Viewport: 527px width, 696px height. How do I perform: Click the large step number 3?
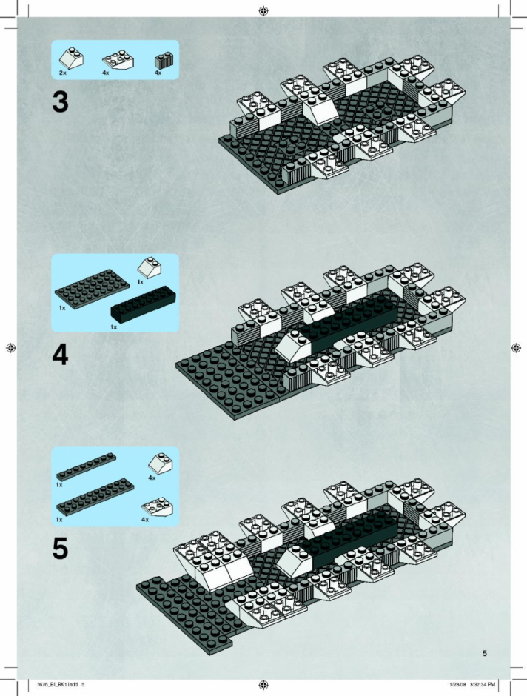[x=61, y=102]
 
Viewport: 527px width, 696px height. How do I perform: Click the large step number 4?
[x=61, y=355]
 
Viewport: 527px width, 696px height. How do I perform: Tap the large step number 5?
[x=61, y=549]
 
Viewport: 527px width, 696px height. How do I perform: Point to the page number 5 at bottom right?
[x=484, y=653]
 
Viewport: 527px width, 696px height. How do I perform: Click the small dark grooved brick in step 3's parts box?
[x=164, y=61]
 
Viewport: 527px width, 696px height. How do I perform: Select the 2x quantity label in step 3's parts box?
[x=62, y=73]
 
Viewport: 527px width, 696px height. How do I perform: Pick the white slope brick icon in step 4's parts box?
[x=149, y=267]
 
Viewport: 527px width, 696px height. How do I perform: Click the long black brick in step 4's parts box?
[x=143, y=304]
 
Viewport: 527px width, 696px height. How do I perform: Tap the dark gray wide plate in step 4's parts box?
[x=93, y=289]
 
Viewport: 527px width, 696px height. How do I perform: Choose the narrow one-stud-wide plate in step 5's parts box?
[x=86, y=466]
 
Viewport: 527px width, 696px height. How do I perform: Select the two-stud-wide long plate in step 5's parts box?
[x=95, y=497]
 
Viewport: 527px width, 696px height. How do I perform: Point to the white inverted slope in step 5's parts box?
[x=157, y=508]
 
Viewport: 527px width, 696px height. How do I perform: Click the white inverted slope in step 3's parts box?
[x=118, y=60]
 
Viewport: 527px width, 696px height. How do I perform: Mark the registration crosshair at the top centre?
[x=263, y=10]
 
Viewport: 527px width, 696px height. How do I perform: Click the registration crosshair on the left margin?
[x=11, y=348]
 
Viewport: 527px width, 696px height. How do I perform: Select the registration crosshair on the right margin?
[x=516, y=348]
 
